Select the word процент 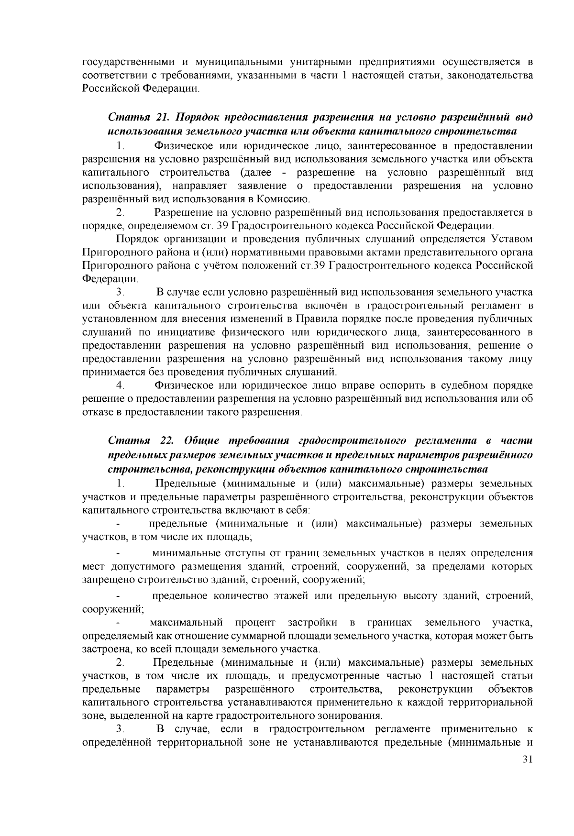(x=255, y=623)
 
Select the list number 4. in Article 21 (x=120, y=385)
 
